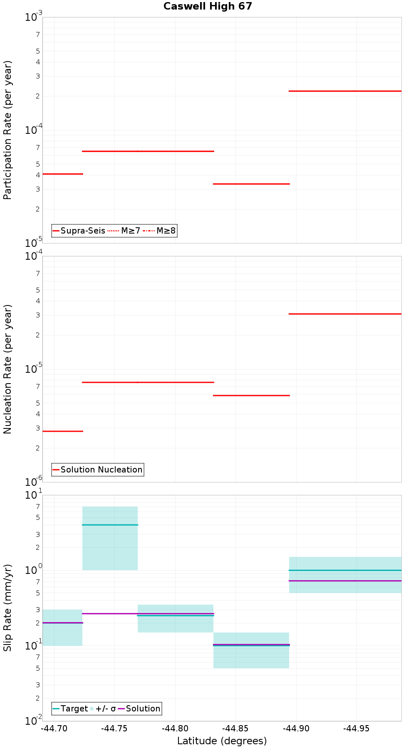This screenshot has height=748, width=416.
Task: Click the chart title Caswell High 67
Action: click(x=208, y=6)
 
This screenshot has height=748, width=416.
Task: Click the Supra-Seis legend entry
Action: click(x=79, y=231)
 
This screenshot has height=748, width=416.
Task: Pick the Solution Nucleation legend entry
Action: click(x=98, y=470)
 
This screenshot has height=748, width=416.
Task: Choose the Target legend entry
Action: click(x=70, y=709)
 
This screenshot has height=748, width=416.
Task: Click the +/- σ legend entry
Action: click(x=103, y=709)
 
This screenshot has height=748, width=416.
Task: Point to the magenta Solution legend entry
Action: click(x=139, y=709)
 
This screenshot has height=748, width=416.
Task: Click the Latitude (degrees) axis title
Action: click(x=222, y=741)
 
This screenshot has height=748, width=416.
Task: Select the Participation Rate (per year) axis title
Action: click(x=8, y=130)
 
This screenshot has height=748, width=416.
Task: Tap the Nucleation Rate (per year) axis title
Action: click(x=8, y=369)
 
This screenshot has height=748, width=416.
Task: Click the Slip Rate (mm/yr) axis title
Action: click(x=8, y=608)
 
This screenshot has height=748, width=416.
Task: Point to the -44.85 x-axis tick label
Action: click(x=235, y=728)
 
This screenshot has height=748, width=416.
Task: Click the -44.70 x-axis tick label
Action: click(x=54, y=728)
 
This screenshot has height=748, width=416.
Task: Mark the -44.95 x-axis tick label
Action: click(x=357, y=728)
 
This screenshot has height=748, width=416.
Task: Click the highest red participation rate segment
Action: click(x=345, y=91)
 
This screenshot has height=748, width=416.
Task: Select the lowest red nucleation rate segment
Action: click(x=62, y=431)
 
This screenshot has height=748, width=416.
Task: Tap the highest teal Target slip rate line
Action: click(x=110, y=525)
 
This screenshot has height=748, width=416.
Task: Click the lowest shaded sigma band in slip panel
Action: click(x=251, y=657)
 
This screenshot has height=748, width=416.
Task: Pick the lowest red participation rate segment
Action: click(x=251, y=184)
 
